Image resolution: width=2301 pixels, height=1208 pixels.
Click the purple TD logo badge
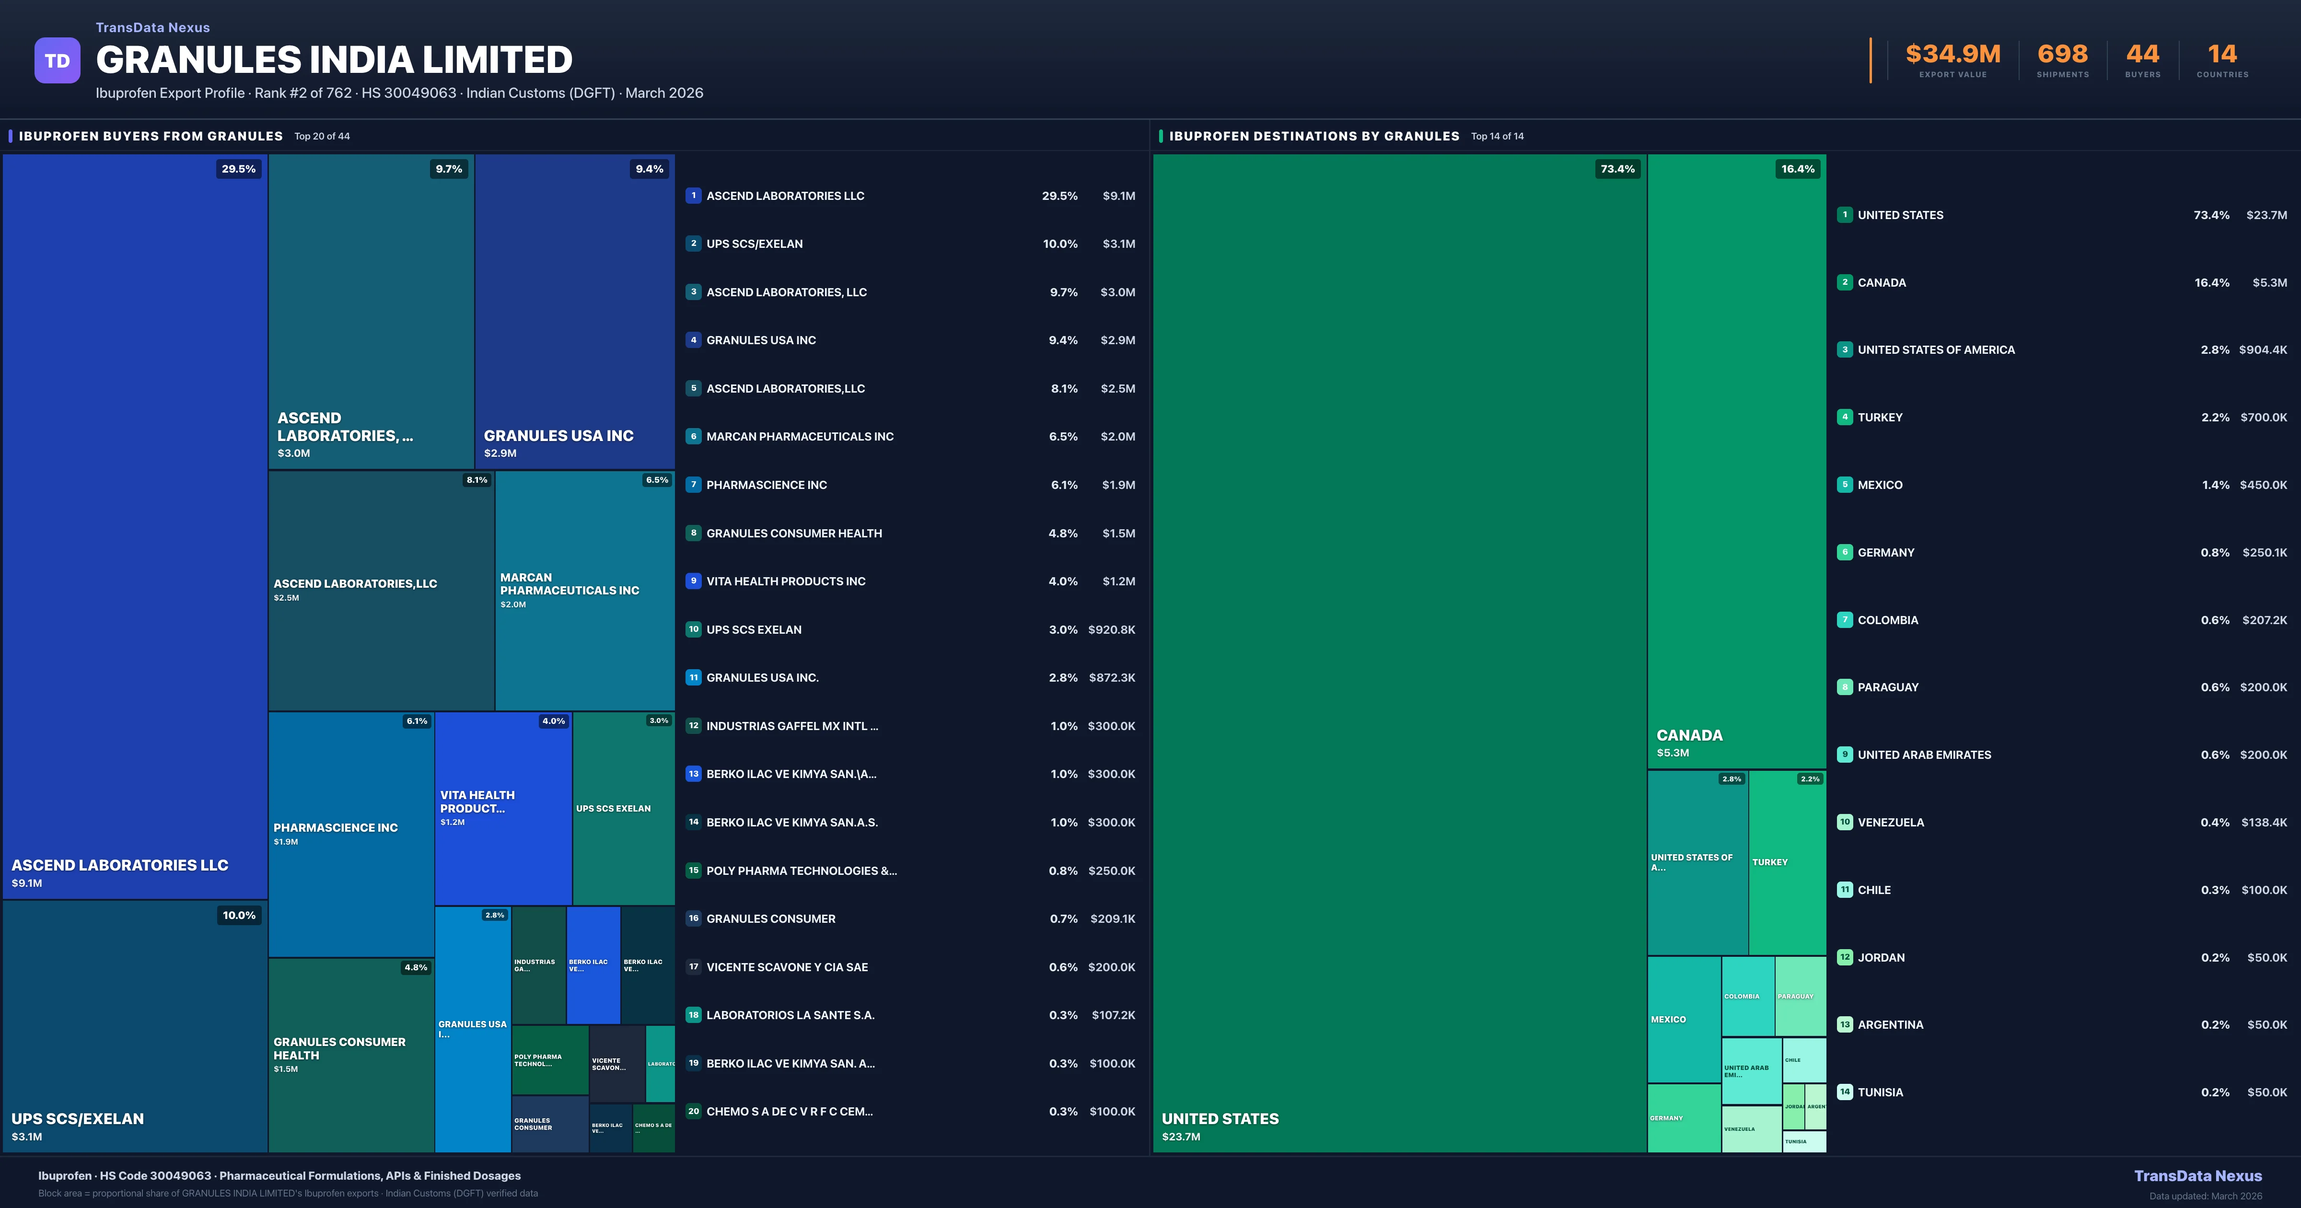pyautogui.click(x=57, y=61)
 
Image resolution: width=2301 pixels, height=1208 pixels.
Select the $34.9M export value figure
pyautogui.click(x=1952, y=55)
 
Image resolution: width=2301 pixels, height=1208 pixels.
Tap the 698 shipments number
pyautogui.click(x=2062, y=55)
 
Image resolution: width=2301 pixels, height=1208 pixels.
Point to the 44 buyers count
pyautogui.click(x=2142, y=55)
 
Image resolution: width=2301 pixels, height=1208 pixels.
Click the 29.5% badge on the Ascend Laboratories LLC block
pyautogui.click(x=239, y=169)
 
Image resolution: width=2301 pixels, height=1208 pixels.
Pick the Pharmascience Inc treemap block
pyautogui.click(x=351, y=834)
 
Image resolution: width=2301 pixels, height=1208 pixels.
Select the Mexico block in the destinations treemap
pyautogui.click(x=1683, y=1020)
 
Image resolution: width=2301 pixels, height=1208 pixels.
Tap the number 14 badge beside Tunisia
pyautogui.click(x=1845, y=1092)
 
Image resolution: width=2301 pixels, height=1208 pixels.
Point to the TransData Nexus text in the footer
pyautogui.click(x=2197, y=1176)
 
